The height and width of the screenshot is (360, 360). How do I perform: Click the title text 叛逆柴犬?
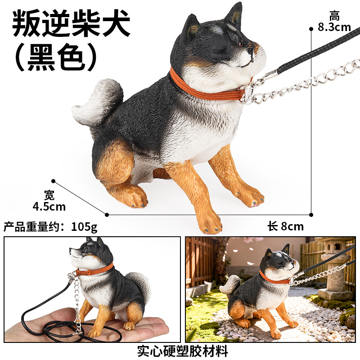point(71,24)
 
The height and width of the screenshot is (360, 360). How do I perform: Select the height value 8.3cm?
point(334,27)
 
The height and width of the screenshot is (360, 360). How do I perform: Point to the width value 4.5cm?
point(49,207)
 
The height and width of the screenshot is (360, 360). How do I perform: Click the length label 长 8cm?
point(285,226)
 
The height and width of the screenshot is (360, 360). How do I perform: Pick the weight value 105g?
point(84,227)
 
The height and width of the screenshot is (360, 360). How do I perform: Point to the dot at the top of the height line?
point(311,29)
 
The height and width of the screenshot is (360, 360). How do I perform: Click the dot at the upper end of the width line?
point(54,181)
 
